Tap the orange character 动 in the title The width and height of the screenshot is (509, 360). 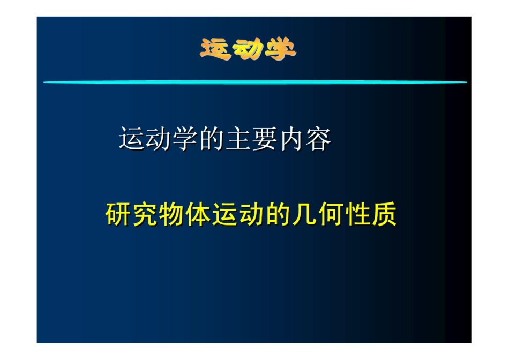coord(248,50)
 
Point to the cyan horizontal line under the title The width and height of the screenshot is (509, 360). coord(254,82)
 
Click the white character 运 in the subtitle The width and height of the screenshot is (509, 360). coord(132,139)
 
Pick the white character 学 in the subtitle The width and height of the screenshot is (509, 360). coord(185,139)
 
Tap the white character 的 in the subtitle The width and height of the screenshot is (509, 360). coord(211,139)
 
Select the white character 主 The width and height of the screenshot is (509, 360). coord(238,139)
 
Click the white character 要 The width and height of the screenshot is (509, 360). coord(265,139)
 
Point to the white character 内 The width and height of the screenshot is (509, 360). coord(291,139)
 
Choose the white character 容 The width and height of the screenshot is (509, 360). coord(318,139)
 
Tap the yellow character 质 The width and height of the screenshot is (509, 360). coord(384,215)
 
